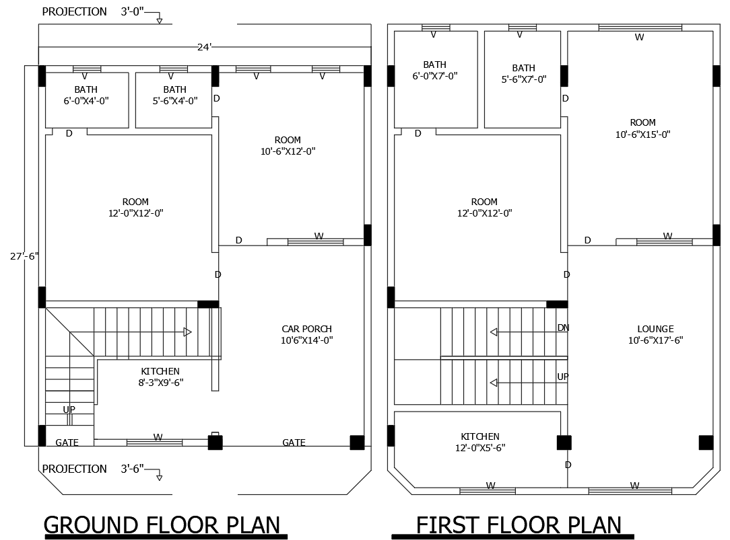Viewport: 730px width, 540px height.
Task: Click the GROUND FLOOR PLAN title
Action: pyautogui.click(x=162, y=524)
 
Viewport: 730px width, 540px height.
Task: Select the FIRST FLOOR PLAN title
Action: pyautogui.click(x=519, y=524)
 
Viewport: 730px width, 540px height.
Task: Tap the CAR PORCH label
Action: pyautogui.click(x=306, y=334)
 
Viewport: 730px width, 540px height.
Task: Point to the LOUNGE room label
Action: pyautogui.click(x=655, y=334)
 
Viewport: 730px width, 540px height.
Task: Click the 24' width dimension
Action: pyautogui.click(x=204, y=46)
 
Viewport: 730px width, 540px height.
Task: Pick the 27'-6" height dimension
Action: pyautogui.click(x=24, y=256)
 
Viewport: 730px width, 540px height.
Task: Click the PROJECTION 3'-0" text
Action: pyautogui.click(x=94, y=11)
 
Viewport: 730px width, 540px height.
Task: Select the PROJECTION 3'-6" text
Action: pyautogui.click(x=94, y=469)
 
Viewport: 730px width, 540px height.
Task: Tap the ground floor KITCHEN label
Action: pyautogui.click(x=160, y=377)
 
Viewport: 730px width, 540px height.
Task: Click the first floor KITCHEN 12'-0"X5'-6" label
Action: pyautogui.click(x=480, y=442)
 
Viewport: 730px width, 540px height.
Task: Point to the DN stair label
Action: pyautogui.click(x=563, y=327)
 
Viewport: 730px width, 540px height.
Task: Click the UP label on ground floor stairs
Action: pyautogui.click(x=69, y=410)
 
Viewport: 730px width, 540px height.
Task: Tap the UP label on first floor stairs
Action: pyautogui.click(x=563, y=377)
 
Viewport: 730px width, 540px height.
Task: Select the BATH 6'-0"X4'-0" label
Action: pyautogui.click(x=86, y=95)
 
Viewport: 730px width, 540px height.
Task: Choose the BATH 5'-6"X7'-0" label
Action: pyautogui.click(x=523, y=73)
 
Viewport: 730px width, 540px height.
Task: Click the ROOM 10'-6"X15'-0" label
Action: pyautogui.click(x=642, y=128)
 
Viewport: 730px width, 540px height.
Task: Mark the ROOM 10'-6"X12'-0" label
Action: pyautogui.click(x=288, y=145)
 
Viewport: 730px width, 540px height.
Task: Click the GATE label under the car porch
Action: pyautogui.click(x=294, y=442)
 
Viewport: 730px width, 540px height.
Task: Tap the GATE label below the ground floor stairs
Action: pyautogui.click(x=67, y=442)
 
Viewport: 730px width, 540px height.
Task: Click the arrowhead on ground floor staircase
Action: pyautogui.click(x=187, y=332)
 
